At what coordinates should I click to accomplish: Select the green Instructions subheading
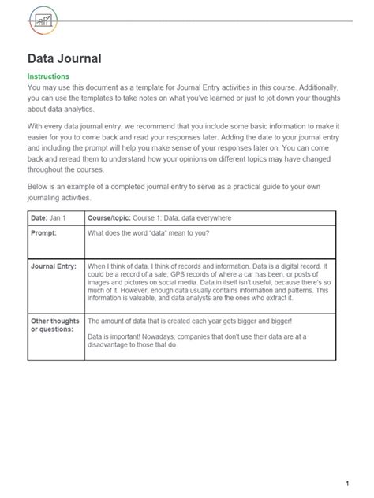coord(50,76)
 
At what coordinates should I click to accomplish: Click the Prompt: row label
coord(46,233)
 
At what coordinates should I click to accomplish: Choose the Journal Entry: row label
coord(54,266)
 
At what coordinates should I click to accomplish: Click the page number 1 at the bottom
coord(346,461)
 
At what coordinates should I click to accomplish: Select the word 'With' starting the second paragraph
coord(37,126)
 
